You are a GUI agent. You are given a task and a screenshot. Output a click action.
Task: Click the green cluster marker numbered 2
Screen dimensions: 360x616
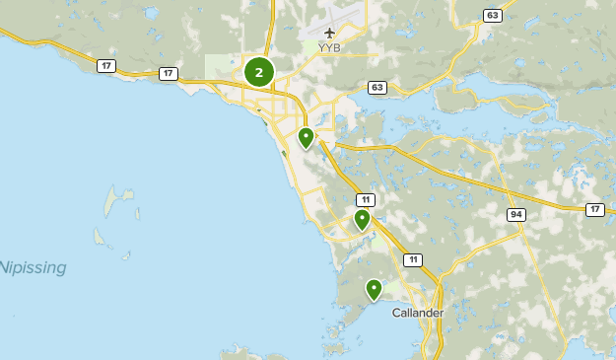coord(258,72)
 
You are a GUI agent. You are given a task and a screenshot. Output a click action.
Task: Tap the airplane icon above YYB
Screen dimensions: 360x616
coord(329,33)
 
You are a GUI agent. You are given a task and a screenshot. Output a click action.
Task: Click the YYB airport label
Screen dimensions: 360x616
coord(329,46)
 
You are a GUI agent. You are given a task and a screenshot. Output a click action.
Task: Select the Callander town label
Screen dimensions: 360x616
coord(418,313)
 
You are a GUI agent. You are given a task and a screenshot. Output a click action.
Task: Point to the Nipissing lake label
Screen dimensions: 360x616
coord(34,267)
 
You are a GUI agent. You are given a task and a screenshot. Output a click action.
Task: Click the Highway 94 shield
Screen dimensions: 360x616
coord(516,214)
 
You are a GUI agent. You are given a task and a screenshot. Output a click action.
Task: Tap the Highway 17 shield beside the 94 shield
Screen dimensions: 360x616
coord(594,209)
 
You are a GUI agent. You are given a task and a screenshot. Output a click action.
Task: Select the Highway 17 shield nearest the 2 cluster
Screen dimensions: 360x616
coord(169,73)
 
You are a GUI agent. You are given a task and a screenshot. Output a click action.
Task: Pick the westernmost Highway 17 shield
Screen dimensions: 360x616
coord(104,65)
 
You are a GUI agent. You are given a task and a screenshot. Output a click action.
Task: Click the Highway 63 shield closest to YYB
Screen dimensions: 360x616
coord(377,88)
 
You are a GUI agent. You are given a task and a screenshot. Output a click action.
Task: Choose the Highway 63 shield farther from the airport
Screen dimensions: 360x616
coord(492,15)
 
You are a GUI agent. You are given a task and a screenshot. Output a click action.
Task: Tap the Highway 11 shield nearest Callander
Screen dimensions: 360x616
coord(412,259)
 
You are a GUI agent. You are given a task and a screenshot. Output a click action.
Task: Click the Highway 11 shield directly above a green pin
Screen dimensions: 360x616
coord(365,199)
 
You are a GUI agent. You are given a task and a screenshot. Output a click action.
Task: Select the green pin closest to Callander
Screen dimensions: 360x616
coord(374,289)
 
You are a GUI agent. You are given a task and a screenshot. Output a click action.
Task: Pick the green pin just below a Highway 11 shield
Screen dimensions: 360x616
coord(363,219)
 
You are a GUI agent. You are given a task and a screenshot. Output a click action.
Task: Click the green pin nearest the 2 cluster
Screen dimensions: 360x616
coord(306,137)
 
